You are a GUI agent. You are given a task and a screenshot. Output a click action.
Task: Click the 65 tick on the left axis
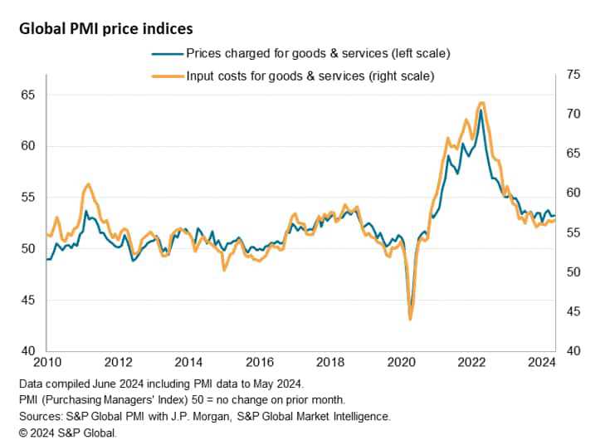28,95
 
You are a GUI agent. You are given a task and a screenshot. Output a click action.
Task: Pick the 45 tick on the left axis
28,300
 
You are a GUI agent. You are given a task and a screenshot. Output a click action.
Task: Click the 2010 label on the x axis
47,362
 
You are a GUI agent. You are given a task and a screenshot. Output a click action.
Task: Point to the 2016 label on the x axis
260,362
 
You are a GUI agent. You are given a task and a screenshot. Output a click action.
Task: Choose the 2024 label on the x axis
542,362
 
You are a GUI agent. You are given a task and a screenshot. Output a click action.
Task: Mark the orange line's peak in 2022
481,103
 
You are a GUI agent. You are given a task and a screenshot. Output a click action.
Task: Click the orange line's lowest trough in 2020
410,319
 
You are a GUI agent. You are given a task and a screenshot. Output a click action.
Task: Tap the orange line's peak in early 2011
88,184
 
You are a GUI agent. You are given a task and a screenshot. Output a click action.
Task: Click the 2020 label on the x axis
401,362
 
